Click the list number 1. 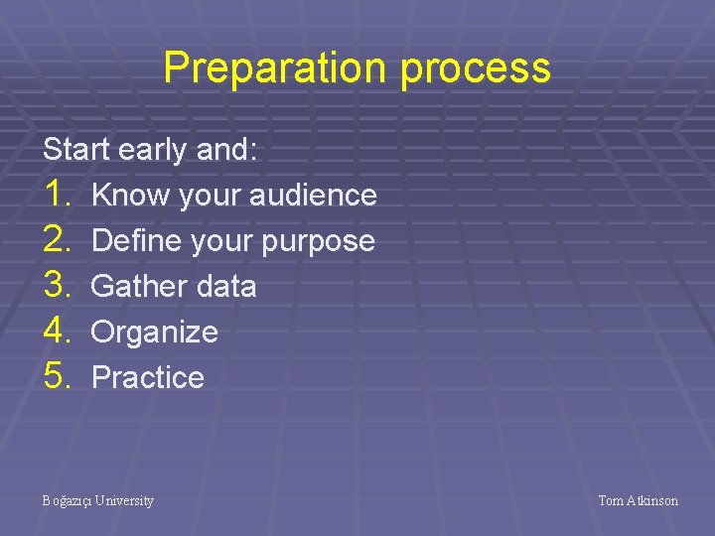[58, 195]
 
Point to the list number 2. [58, 240]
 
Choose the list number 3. [58, 286]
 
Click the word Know [129, 195]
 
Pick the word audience [313, 195]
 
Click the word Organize [154, 333]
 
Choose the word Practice [147, 377]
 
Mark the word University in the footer [124, 501]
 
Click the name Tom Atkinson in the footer [638, 501]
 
